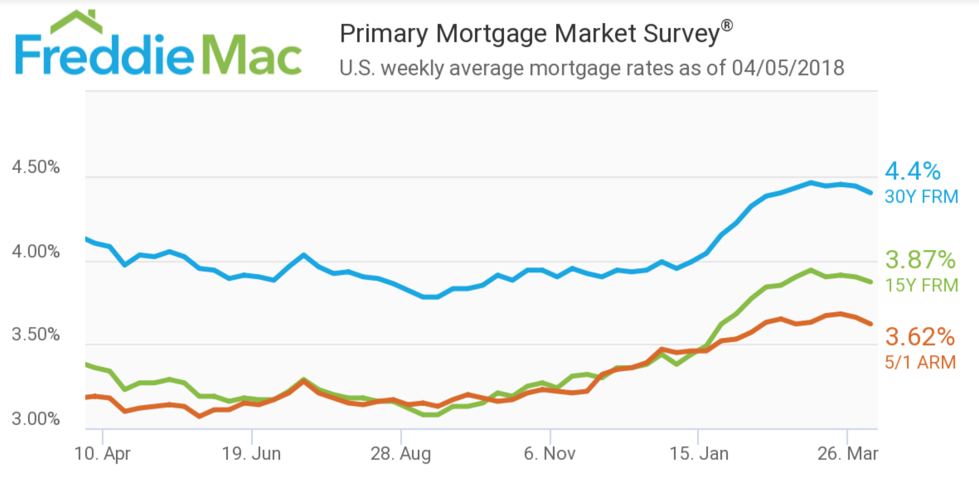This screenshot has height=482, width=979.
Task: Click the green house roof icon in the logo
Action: pos(77,22)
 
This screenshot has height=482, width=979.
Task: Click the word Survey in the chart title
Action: pos(682,34)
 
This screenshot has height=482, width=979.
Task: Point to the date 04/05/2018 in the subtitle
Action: pos(788,68)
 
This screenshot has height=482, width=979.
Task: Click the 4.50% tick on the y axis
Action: pos(36,167)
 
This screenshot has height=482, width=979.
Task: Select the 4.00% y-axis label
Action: pos(36,252)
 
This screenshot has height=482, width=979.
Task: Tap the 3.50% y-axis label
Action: pos(36,334)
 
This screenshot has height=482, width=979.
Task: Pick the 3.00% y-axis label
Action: pos(36,419)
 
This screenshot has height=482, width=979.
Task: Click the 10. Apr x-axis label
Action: pos(102,454)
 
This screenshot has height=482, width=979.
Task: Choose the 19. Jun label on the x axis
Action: pos(251,454)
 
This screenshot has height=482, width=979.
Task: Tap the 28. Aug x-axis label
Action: pos(401,454)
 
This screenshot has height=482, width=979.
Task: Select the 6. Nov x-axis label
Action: pos(550,454)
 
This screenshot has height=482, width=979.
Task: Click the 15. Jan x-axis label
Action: pos(699,454)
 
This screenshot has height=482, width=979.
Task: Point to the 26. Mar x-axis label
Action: pos(847,454)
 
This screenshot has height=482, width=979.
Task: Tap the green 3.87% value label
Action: pos(920,260)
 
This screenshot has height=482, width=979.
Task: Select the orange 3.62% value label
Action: pos(920,337)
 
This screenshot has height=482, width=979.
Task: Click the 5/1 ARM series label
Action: pos(920,363)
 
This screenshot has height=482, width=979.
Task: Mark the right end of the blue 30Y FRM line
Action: pos(870,193)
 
